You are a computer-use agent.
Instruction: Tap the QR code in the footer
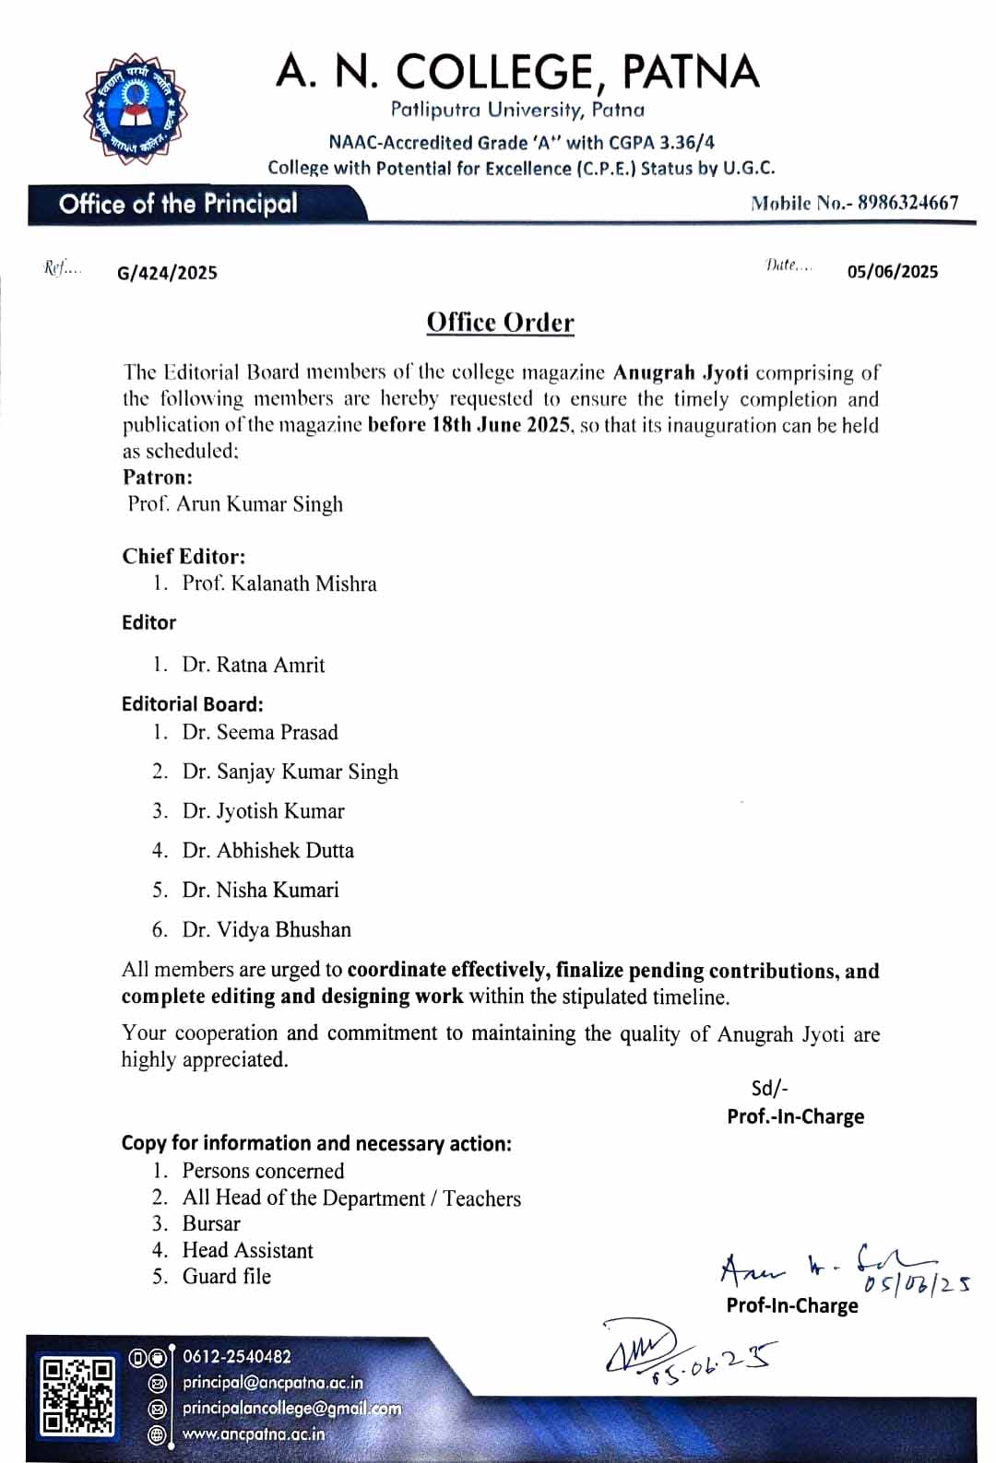pos(78,1396)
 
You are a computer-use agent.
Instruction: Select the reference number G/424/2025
pos(167,273)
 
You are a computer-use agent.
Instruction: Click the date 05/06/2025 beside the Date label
pos(892,271)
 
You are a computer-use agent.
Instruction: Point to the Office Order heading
pos(500,323)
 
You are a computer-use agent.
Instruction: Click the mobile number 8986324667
pos(907,203)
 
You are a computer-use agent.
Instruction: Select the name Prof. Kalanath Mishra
pos(279,584)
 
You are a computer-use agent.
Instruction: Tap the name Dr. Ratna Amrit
pos(253,665)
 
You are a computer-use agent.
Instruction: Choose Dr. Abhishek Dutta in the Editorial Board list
pos(267,850)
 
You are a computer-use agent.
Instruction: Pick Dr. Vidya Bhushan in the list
pos(267,929)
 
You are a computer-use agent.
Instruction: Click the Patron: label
pos(158,477)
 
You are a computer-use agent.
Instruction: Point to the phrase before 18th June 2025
pos(469,425)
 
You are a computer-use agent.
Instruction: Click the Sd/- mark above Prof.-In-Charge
pos(769,1088)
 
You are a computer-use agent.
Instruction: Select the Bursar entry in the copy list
pos(211,1223)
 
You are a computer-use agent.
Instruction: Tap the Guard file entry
pos(226,1276)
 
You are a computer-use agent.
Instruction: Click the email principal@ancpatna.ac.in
pos(272,1383)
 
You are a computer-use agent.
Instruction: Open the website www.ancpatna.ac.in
pos(254,1434)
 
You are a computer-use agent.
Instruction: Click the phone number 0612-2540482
pos(237,1357)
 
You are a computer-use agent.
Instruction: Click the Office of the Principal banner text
pos(178,204)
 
